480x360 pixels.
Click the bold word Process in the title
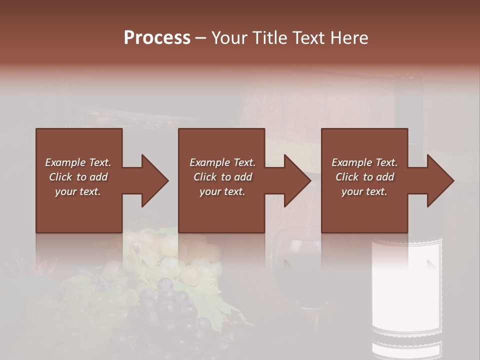click(x=157, y=38)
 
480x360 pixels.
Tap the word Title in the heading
click(x=269, y=38)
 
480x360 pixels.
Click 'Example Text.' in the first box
click(x=78, y=162)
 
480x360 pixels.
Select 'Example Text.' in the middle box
click(x=222, y=162)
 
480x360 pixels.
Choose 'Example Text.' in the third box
click(x=364, y=162)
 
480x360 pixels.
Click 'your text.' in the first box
click(x=78, y=191)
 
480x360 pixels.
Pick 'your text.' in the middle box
click(x=222, y=191)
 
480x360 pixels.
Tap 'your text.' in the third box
click(x=364, y=191)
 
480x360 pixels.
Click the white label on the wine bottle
click(x=406, y=285)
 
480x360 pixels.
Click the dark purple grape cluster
click(x=170, y=310)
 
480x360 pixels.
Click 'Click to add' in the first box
click(x=78, y=177)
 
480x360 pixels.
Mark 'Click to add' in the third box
click(x=364, y=177)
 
